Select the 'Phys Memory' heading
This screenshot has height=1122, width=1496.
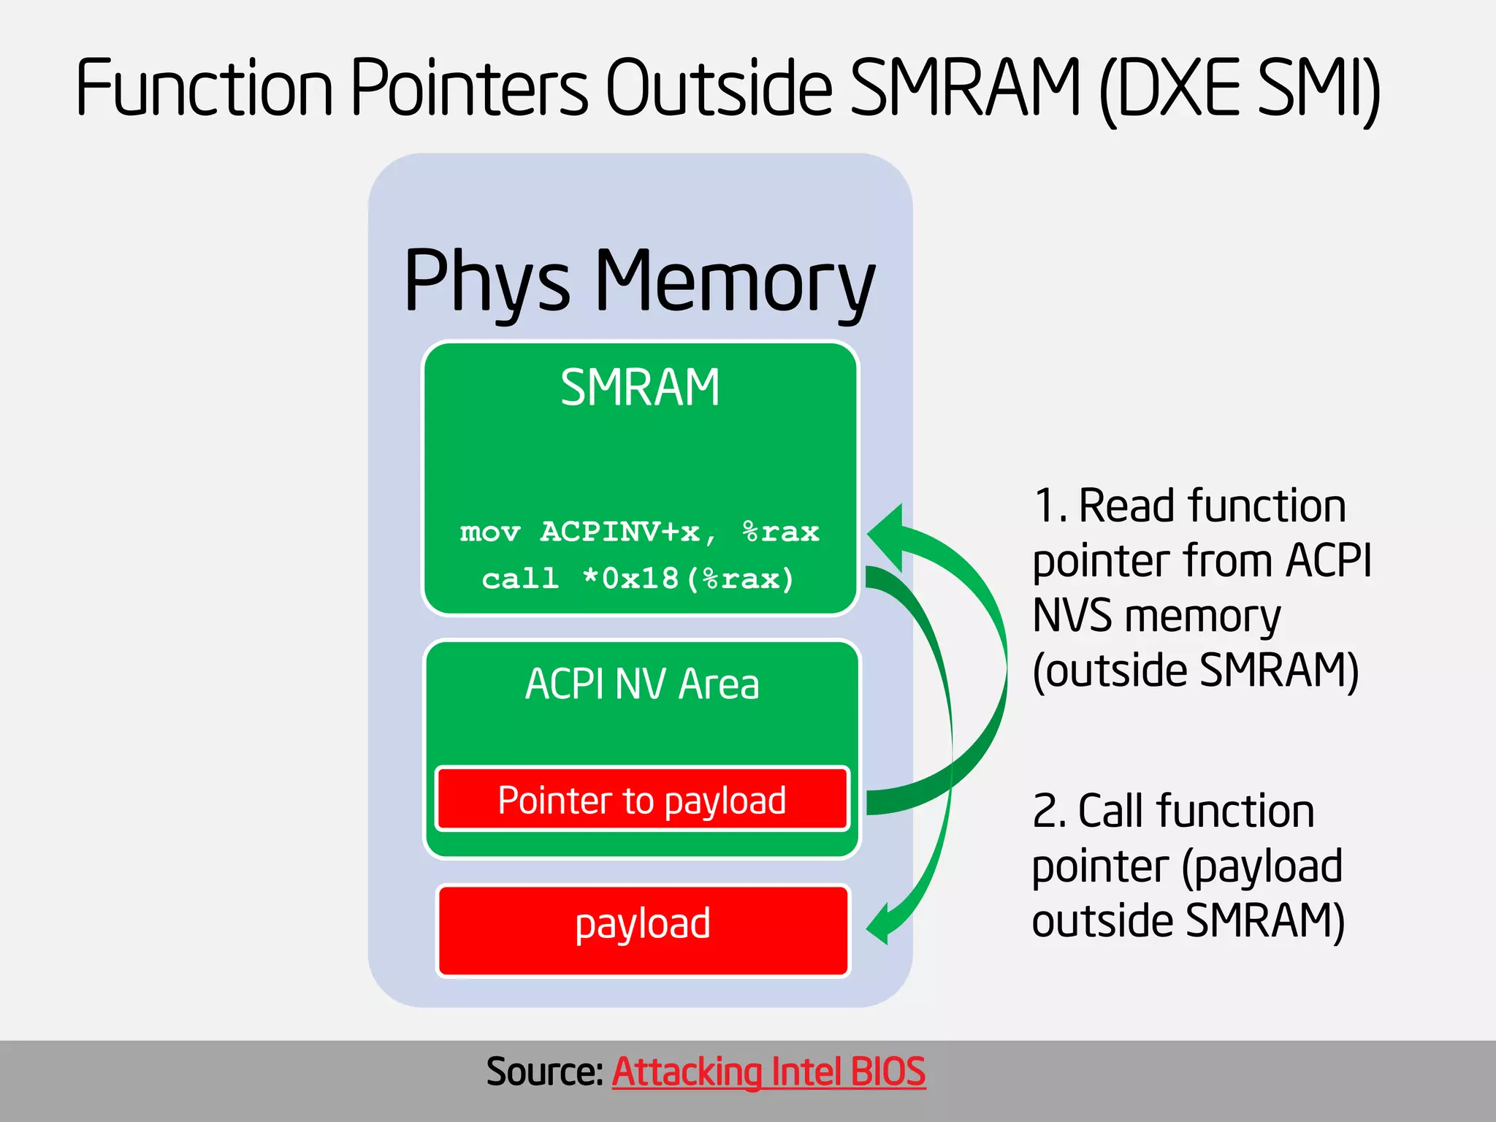(x=639, y=281)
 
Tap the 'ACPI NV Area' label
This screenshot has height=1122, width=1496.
(x=642, y=684)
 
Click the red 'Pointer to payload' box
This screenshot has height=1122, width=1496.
(x=642, y=800)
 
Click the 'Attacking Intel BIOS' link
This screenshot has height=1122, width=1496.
(x=768, y=1072)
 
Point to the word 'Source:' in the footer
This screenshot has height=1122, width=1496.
(x=544, y=1072)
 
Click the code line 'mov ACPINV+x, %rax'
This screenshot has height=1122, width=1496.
(x=639, y=532)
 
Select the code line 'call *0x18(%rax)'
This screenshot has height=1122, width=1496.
(x=638, y=579)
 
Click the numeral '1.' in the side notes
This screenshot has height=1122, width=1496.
(x=1050, y=506)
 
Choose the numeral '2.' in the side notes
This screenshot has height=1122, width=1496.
(x=1050, y=812)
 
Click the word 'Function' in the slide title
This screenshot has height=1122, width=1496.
(x=205, y=88)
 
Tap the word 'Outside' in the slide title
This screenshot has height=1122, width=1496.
(x=720, y=88)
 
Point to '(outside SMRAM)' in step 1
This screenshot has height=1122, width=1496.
(x=1195, y=671)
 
